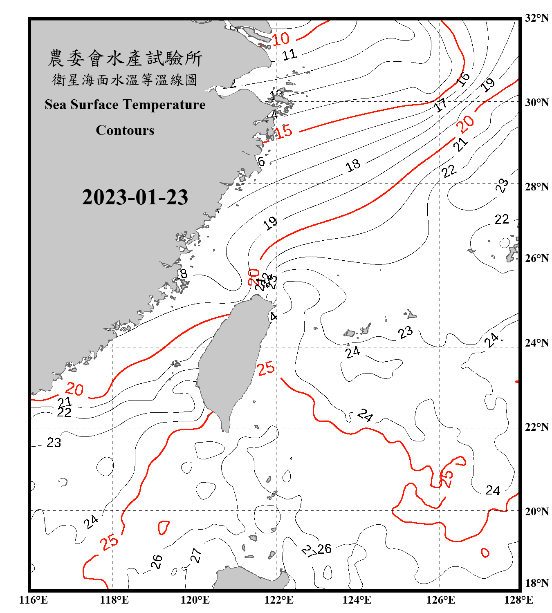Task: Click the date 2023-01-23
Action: tap(135, 197)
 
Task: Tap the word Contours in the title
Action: tap(125, 130)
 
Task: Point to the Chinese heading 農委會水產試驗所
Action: tap(125, 58)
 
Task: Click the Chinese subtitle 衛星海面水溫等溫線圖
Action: tap(125, 80)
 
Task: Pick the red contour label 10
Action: tap(281, 39)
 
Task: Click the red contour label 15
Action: tap(284, 132)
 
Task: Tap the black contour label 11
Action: tap(289, 54)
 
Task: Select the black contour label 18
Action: tap(353, 165)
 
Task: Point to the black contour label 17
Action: tap(440, 105)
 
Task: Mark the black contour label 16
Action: tap(463, 79)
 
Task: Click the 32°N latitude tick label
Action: tap(536, 18)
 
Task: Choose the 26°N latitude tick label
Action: tap(536, 258)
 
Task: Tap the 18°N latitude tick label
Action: tap(536, 583)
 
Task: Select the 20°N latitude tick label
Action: tap(536, 511)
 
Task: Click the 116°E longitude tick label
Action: tap(34, 600)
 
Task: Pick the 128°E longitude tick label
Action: tap(518, 600)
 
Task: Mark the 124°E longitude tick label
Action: tap(357, 600)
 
